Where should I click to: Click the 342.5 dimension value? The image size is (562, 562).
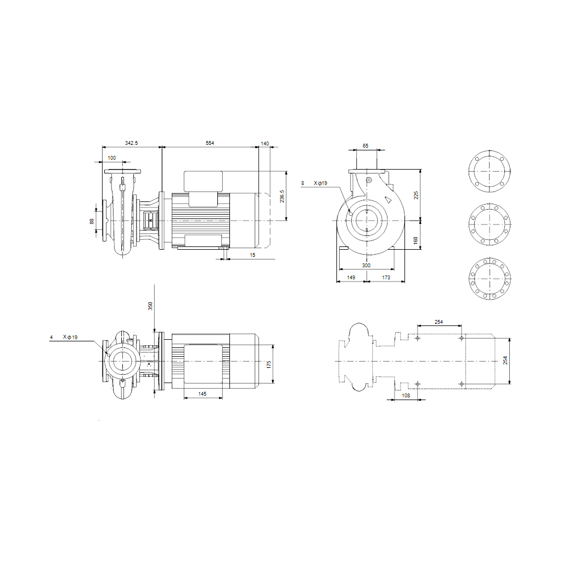pyautogui.click(x=131, y=143)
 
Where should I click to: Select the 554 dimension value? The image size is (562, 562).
pyautogui.click(x=210, y=143)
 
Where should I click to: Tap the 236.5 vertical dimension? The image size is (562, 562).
pyautogui.click(x=282, y=196)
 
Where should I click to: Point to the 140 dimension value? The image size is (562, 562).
pyautogui.click(x=265, y=144)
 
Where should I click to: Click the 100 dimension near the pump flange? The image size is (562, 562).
pyautogui.click(x=112, y=158)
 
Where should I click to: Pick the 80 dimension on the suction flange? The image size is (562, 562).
pyautogui.click(x=92, y=222)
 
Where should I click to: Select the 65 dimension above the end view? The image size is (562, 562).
pyautogui.click(x=365, y=146)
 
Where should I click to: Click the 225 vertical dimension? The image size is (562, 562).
pyautogui.click(x=416, y=195)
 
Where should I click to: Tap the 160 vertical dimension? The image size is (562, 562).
pyautogui.click(x=416, y=240)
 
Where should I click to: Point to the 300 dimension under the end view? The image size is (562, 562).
pyautogui.click(x=366, y=266)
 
